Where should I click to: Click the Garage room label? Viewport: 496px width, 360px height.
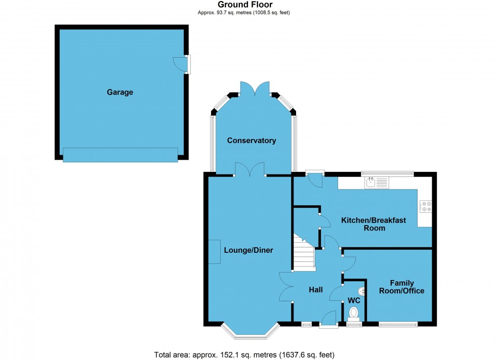pyautogui.click(x=120, y=92)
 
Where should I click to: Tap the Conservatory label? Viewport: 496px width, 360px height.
pyautogui.click(x=252, y=141)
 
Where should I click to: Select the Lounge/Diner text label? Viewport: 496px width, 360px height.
pyautogui.click(x=249, y=250)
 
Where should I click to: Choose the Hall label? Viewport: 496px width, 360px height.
pyautogui.click(x=316, y=290)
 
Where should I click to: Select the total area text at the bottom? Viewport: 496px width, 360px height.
pyautogui.click(x=244, y=354)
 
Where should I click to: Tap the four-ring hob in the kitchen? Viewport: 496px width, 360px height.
pyautogui.click(x=425, y=206)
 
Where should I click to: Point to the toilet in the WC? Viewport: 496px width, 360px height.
pyautogui.click(x=354, y=313)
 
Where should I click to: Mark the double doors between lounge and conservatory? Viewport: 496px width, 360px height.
pyautogui.click(x=250, y=169)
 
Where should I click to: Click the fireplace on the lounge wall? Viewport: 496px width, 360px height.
pyautogui.click(x=214, y=251)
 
